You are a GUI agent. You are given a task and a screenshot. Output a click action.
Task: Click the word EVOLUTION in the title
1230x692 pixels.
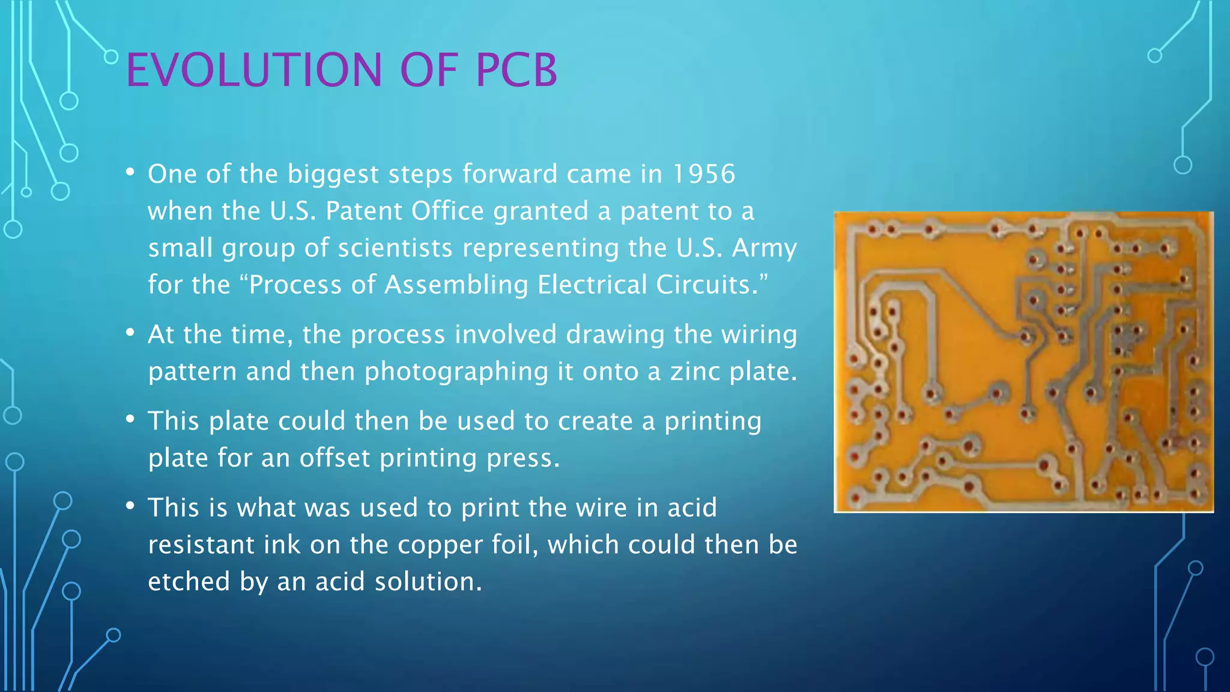point(253,70)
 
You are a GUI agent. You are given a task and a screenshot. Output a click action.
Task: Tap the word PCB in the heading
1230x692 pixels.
point(516,70)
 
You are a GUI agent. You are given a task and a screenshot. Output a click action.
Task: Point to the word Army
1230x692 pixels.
point(764,248)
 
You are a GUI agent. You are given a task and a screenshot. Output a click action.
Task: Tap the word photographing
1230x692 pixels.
point(456,371)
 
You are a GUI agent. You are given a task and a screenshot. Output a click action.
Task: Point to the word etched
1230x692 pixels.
point(189,581)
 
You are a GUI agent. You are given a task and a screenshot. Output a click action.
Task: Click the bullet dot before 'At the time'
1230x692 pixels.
point(130,332)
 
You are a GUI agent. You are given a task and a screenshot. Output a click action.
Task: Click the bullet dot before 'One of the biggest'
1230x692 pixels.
point(130,172)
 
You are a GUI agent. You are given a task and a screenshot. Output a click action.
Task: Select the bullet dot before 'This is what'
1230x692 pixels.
point(130,506)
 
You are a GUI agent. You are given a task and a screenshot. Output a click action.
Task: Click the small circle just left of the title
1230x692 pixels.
point(111,57)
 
